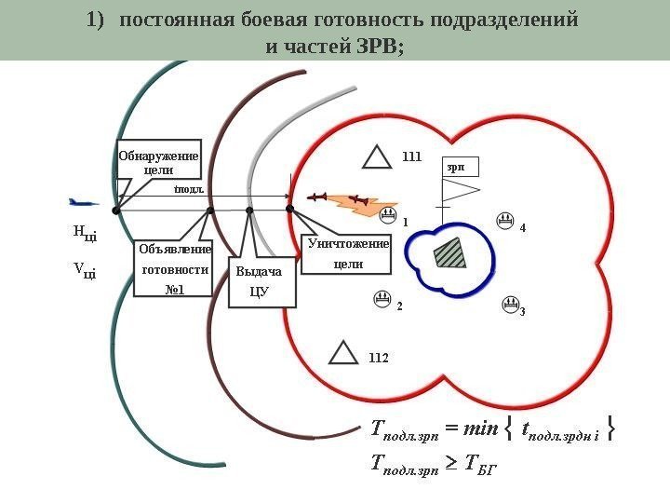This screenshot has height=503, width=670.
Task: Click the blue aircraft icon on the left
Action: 84,201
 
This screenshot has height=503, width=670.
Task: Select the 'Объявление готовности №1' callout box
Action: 174,269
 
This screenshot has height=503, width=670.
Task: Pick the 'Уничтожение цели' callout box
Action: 348,254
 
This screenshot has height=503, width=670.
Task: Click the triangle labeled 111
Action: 377,157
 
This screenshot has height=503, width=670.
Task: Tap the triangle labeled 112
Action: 344,353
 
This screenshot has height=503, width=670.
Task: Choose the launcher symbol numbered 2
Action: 382,300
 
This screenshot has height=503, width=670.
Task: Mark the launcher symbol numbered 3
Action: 509,304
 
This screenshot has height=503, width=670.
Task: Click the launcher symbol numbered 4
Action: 503,222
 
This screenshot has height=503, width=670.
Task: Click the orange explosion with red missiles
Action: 358,201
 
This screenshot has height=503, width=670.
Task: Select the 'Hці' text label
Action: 85,233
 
